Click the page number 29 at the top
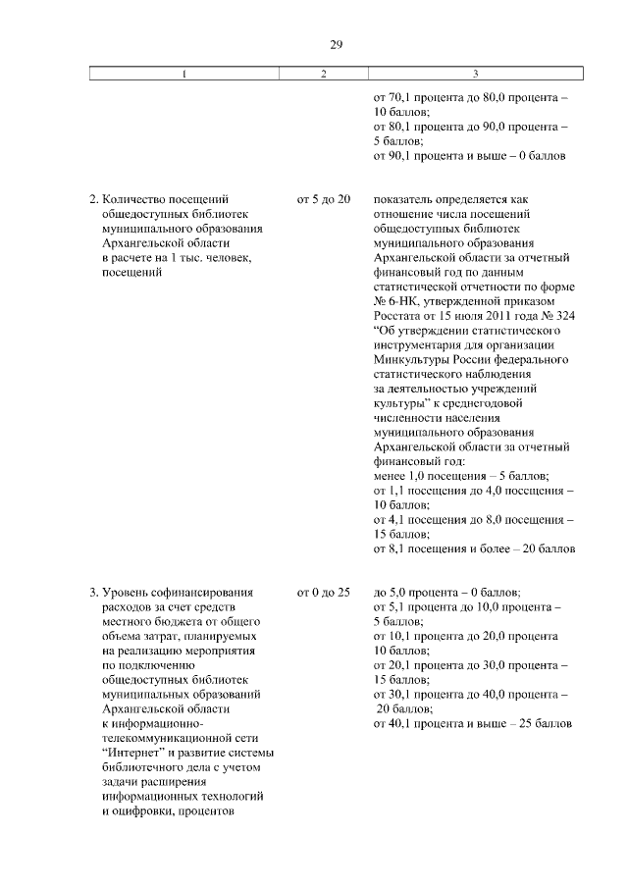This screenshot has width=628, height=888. (x=334, y=43)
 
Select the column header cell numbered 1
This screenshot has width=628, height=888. (x=184, y=75)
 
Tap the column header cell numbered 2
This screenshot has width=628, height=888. (x=323, y=75)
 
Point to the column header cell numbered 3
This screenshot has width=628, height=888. (x=475, y=75)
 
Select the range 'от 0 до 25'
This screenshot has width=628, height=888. (x=323, y=593)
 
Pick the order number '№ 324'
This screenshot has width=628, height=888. (x=556, y=315)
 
